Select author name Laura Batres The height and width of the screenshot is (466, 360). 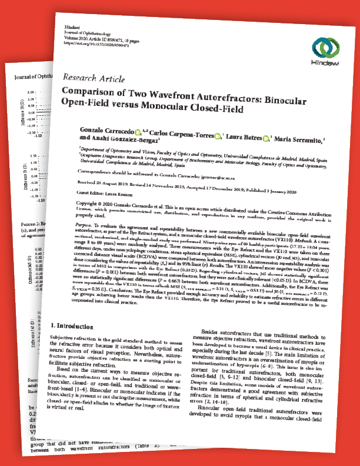241,136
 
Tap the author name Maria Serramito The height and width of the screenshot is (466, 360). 297,139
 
